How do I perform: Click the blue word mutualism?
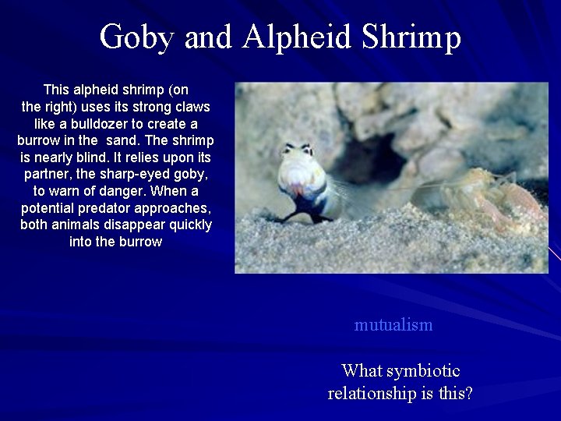coord(393,325)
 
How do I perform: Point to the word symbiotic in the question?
coord(423,371)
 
